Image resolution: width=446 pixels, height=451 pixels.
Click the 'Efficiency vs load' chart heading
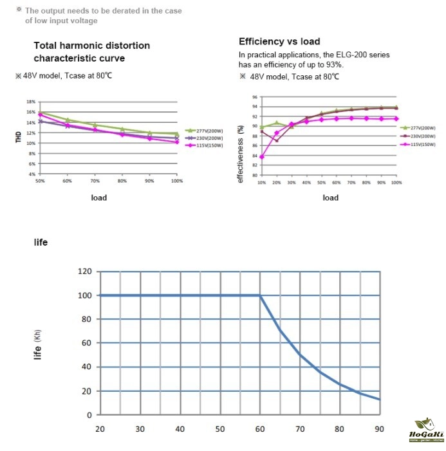point(279,42)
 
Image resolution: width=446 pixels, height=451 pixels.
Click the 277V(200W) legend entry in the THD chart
point(202,130)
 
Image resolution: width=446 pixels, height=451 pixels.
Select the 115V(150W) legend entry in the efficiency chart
point(422,145)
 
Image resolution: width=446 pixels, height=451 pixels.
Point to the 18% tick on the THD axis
point(30,102)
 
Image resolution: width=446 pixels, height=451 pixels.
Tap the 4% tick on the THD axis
point(32,174)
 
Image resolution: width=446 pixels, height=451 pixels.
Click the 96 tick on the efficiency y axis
point(254,97)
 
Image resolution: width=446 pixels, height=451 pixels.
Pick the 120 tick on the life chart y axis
point(84,271)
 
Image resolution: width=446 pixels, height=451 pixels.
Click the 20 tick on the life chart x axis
point(100,429)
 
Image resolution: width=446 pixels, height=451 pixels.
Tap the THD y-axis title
point(19,137)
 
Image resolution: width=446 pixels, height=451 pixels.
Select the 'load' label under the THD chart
point(98,198)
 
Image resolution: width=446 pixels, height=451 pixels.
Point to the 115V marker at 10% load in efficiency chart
point(262,156)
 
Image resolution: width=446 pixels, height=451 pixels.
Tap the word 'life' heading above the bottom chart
point(41,243)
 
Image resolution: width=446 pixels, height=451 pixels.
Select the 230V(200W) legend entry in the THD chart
point(202,138)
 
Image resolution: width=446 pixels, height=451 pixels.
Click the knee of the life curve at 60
point(260,295)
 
